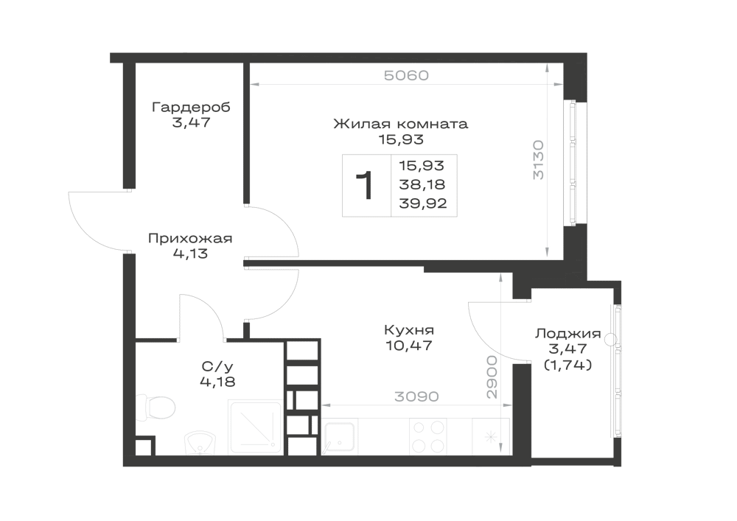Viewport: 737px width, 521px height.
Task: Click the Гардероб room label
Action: point(192,108)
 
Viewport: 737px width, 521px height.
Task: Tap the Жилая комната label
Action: point(400,124)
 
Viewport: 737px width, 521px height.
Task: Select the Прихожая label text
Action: point(190,239)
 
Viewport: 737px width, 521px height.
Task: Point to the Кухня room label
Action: point(408,330)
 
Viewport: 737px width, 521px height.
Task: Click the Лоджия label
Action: point(567,334)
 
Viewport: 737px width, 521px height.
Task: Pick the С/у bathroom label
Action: point(217,366)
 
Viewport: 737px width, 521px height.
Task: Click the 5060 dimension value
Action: point(407,76)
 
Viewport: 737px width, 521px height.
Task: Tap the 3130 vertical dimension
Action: point(539,160)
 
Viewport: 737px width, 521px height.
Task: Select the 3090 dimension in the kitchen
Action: point(416,397)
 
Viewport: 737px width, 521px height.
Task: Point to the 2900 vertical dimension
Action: point(492,377)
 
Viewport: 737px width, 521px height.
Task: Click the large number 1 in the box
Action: point(365,186)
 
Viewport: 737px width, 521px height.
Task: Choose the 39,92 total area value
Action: point(422,203)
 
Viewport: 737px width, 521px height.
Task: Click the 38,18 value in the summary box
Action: point(422,185)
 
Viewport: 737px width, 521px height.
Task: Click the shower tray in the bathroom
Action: point(255,427)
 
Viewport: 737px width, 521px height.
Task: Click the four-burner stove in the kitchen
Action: point(427,437)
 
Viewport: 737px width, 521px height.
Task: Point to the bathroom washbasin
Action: point(200,443)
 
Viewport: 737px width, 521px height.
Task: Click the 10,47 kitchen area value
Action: point(408,346)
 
